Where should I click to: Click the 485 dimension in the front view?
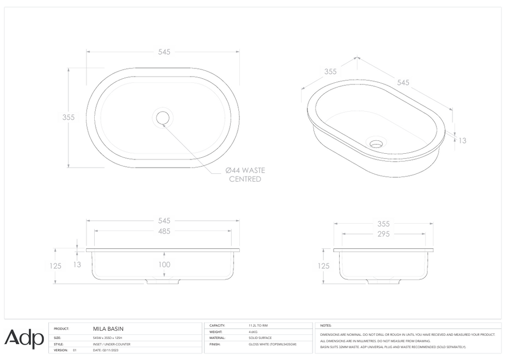coord(164,231)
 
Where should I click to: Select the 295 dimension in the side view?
coord(383,234)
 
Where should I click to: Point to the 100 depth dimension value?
coord(164,265)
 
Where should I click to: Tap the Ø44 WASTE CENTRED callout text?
coord(245,174)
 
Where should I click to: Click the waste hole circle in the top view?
coord(163,118)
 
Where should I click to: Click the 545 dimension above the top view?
coord(164,52)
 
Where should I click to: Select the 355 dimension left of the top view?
coord(68,117)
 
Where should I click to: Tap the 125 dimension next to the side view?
coord(324,266)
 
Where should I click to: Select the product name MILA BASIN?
coord(108,329)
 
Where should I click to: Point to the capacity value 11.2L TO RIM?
coord(258,326)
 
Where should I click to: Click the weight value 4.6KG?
coord(253,332)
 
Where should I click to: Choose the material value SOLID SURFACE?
coord(260,338)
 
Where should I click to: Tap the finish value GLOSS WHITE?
coord(272,344)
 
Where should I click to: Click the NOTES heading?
coord(326,326)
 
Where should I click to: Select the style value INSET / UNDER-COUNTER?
coord(112,344)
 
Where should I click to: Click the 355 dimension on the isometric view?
coord(330,71)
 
